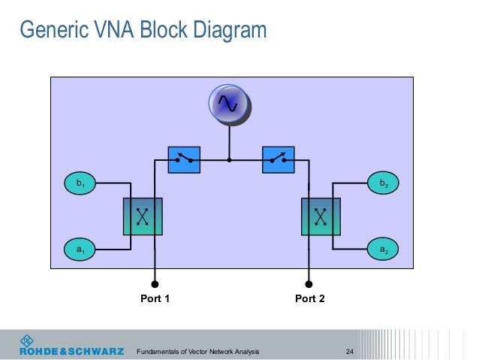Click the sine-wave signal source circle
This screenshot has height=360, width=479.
pyautogui.click(x=228, y=106)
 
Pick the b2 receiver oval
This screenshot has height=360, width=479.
pyautogui.click(x=383, y=183)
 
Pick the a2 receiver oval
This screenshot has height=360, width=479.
pyautogui.click(x=383, y=249)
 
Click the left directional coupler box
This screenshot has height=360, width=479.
pyautogui.click(x=142, y=216)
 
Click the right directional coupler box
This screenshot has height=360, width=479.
pyautogui.click(x=321, y=216)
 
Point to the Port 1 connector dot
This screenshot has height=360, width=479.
pyautogui.click(x=155, y=285)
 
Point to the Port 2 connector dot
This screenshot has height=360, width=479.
pyautogui.click(x=309, y=285)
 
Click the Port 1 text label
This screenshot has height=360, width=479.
pyautogui.click(x=155, y=299)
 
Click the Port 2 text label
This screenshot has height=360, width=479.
pyautogui.click(x=310, y=299)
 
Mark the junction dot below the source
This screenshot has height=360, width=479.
pyautogui.click(x=229, y=160)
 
